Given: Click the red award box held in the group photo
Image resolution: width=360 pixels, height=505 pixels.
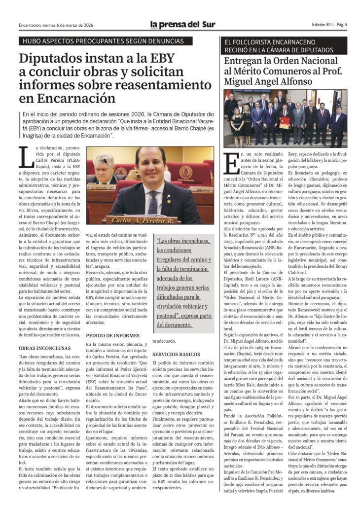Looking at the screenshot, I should click(285, 122).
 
